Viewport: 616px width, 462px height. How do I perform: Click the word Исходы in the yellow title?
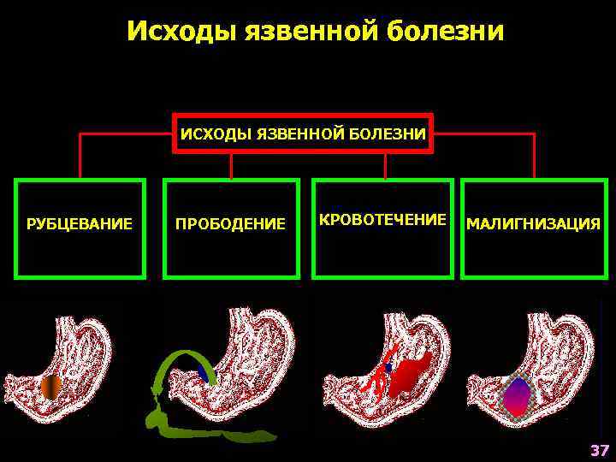coord(181,32)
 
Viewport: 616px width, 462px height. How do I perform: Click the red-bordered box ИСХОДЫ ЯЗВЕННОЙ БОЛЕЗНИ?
coord(303,133)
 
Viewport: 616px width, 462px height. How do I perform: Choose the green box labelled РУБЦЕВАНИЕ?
coord(80,228)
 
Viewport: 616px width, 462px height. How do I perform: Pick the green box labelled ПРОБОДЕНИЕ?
coord(231,228)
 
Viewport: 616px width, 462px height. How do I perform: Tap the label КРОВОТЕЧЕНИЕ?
coord(382,220)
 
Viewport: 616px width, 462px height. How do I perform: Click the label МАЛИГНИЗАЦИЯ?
coord(533,225)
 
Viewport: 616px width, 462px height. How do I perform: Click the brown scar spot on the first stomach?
coord(51,388)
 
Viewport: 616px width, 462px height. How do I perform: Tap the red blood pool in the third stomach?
coord(412,376)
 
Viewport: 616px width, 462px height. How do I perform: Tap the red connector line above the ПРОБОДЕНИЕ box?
coord(231,167)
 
